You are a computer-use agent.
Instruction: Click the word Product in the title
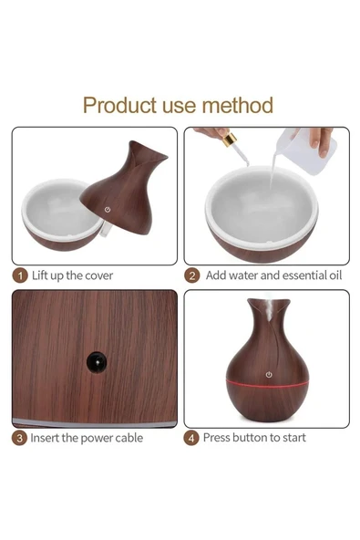tap(119, 106)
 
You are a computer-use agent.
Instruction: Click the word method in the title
tap(238, 105)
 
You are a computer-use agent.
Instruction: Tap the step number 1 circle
tap(20, 275)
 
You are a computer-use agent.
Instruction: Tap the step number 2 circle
tap(191, 275)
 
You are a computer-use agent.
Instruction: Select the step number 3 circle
tap(20, 438)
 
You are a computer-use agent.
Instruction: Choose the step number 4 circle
tap(191, 438)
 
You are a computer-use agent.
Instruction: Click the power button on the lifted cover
tap(108, 210)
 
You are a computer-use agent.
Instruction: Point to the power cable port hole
tap(97, 362)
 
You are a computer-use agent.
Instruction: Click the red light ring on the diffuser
tap(267, 383)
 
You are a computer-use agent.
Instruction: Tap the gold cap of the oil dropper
tap(230, 140)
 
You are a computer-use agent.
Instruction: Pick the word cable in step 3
tap(129, 438)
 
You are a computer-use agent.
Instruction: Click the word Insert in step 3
tap(45, 438)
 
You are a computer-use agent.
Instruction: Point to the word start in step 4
tap(293, 438)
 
